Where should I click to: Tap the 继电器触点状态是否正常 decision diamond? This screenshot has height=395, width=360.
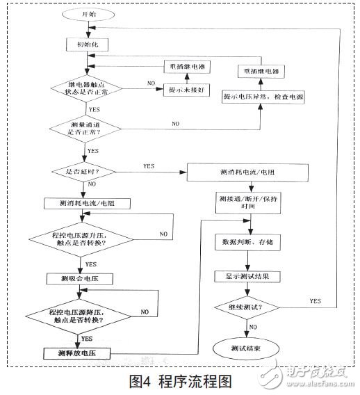pos(85,89)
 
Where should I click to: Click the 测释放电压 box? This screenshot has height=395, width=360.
pos(85,353)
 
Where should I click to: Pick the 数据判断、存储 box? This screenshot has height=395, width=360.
pos(247,243)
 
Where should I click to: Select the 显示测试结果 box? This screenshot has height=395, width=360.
pos(247,276)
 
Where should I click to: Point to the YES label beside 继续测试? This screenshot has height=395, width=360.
pos(313,300)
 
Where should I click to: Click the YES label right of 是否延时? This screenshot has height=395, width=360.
pos(148,166)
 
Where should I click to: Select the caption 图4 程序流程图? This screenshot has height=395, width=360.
pos(179,380)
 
